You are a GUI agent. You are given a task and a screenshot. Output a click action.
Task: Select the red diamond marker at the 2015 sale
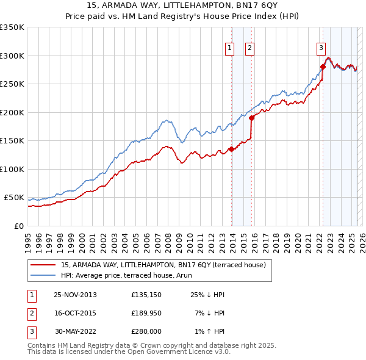click(251, 118)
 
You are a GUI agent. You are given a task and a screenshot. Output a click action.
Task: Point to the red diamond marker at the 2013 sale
click(231, 149)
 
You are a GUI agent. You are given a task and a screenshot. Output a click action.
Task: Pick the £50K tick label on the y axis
click(14, 198)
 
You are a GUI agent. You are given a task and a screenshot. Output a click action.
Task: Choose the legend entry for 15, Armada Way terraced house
click(163, 265)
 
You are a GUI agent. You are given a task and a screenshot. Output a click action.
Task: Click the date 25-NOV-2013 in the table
click(75, 295)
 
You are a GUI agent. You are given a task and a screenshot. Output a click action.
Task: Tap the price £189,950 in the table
click(146, 313)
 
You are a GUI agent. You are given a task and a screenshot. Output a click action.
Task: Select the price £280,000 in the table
click(146, 331)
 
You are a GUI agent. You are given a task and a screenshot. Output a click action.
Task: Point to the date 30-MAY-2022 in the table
click(75, 331)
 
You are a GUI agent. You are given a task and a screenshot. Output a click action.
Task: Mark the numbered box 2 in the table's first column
click(30, 313)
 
